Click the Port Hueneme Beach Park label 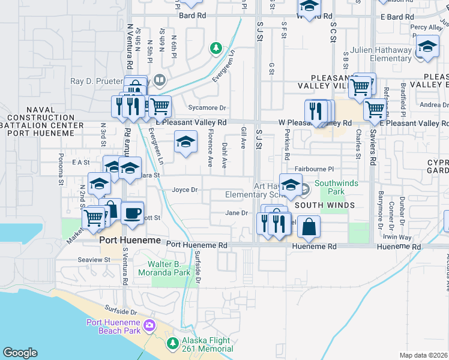[113, 326]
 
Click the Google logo [20, 353]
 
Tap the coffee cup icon [132, 212]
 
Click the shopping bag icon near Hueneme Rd [309, 227]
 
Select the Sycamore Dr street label [206, 108]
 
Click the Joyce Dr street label [185, 190]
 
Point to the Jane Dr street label [237, 212]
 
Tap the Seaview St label [94, 260]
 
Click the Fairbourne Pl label [318, 169]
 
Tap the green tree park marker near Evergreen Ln [215, 48]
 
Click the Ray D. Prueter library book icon [159, 79]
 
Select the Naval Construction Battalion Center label [41, 121]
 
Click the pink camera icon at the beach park [149, 326]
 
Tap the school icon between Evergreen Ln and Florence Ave [185, 143]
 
